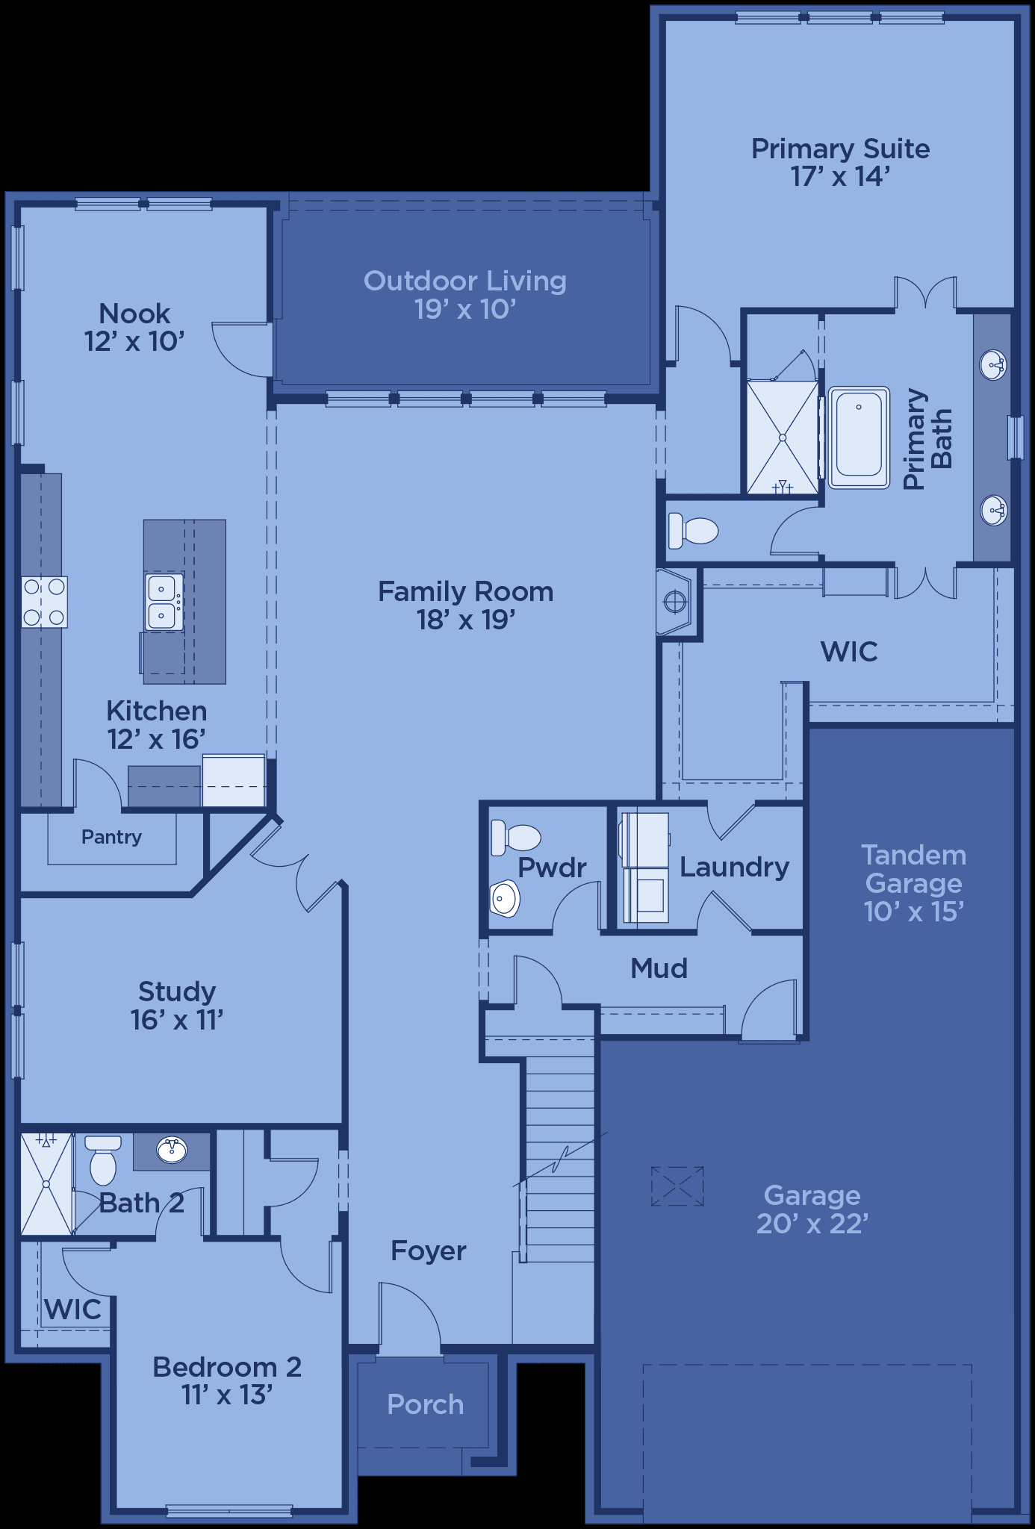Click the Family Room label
465,605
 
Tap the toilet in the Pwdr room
515,838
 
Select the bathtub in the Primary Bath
859,437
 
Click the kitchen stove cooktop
45,602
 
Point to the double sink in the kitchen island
164,602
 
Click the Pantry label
111,837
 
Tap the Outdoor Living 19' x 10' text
465,294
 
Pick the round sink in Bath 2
172,1150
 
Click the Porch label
426,1404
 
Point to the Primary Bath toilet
693,529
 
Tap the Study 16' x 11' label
177,1005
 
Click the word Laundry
734,867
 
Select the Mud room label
659,968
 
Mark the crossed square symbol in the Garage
677,1186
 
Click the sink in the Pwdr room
506,898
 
